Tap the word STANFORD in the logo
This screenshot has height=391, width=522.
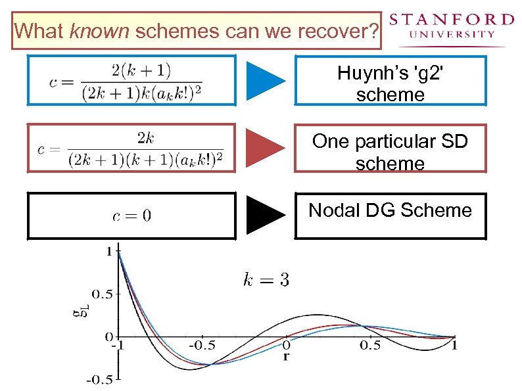(x=451, y=19)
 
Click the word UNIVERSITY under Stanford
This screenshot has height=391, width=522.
(x=451, y=35)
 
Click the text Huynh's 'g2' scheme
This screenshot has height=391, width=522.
(x=390, y=83)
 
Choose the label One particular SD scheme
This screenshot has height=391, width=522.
(x=390, y=151)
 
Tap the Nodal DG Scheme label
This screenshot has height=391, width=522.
(x=390, y=210)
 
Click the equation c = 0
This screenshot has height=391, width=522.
(x=131, y=216)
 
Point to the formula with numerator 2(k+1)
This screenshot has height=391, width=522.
(x=126, y=81)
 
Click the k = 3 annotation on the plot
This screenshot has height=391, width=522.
(x=266, y=281)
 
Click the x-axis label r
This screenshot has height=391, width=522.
(x=286, y=357)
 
